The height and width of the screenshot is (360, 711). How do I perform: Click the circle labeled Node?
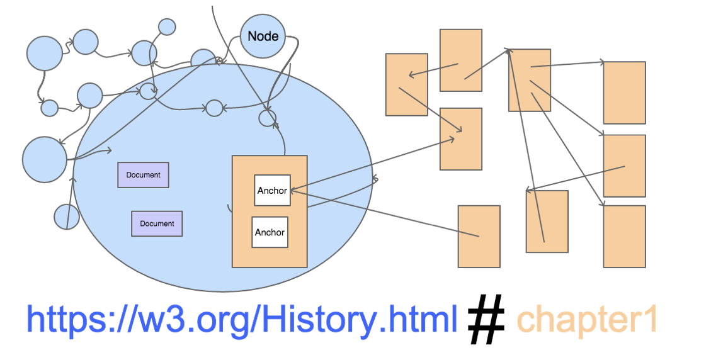263,36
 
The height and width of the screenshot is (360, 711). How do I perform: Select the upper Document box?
143,175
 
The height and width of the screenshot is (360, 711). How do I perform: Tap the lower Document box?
157,223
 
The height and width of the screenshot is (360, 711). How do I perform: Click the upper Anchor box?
272,190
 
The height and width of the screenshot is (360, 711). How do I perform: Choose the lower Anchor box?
270,232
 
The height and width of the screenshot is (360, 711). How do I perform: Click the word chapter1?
587,320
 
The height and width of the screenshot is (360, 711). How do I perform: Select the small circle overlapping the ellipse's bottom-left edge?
66,217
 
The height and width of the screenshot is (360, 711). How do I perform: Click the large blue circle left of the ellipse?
44,159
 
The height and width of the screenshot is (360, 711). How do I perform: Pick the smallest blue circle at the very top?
167,26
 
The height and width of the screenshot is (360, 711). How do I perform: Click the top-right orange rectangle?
624,93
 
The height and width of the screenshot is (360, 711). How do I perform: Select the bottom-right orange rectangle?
624,236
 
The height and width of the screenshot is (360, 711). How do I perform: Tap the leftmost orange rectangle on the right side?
406,84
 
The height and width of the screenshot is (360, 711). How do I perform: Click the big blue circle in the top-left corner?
44,53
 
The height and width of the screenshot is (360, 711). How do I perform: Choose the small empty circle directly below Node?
268,118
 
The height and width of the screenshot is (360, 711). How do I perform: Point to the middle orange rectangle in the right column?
624,166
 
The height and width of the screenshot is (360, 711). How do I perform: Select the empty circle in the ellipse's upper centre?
214,108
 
